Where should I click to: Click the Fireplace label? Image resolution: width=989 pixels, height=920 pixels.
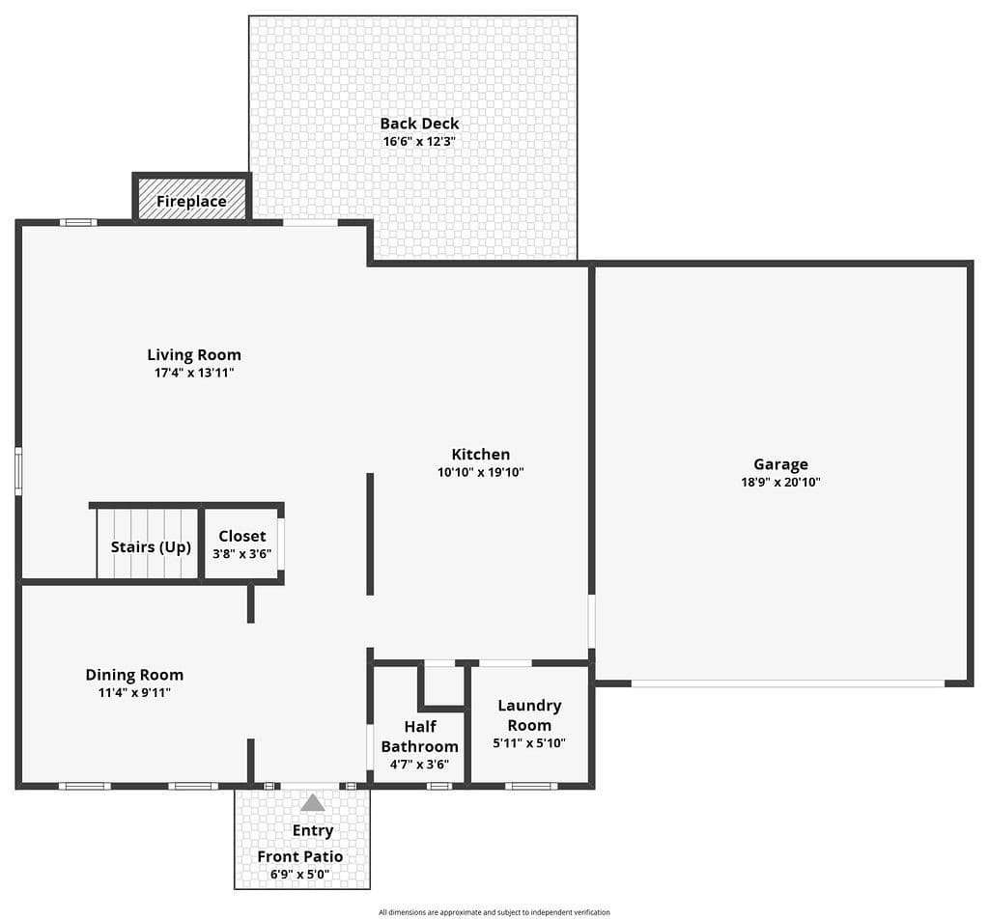coord(191,201)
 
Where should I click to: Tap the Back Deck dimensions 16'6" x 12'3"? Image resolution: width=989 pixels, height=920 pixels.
coord(419,141)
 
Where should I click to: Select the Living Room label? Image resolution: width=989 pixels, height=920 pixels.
coord(194,355)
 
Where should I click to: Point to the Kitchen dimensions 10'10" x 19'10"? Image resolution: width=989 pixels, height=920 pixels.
coord(481,472)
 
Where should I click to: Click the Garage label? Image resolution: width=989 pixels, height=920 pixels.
coord(780,464)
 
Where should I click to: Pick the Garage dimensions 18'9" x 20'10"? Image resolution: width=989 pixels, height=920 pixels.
coord(780,483)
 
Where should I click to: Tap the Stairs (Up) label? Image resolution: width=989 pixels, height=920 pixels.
coord(151,546)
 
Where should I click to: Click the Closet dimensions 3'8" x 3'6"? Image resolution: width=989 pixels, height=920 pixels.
coord(242,554)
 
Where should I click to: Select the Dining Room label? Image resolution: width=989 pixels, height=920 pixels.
coord(134,676)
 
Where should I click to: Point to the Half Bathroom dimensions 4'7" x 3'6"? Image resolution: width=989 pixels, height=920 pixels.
coord(419,765)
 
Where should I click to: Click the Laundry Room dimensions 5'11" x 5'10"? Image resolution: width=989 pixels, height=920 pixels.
coord(529,743)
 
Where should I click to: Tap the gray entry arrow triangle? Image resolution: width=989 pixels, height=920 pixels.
coord(312,803)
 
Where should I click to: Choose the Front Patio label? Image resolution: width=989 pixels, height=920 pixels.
coord(300,856)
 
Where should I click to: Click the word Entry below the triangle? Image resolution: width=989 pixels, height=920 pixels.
coord(313,831)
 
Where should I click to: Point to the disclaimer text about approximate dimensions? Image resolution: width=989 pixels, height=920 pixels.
coord(494,912)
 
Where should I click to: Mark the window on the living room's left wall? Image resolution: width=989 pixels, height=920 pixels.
coord(19,471)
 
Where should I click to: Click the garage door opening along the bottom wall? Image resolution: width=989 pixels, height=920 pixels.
coord(788,683)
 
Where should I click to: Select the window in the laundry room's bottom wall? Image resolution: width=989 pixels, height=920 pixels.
coord(531,786)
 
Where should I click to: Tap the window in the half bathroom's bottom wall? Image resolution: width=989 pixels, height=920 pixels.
coord(439,786)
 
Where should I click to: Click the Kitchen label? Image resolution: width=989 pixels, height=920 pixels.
coord(481,455)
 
